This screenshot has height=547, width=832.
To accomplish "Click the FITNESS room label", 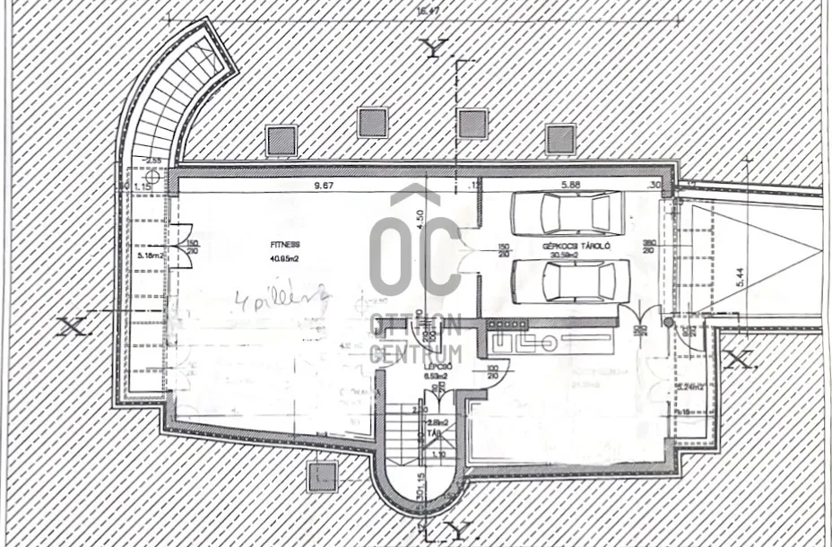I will (285, 243).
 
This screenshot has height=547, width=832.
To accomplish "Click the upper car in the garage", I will (566, 213).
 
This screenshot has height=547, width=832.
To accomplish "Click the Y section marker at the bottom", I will (453, 530).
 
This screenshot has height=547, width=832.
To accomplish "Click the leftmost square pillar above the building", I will (281, 139).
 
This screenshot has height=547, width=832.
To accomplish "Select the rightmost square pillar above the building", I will (560, 139).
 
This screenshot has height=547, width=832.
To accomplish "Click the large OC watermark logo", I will (415, 242).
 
